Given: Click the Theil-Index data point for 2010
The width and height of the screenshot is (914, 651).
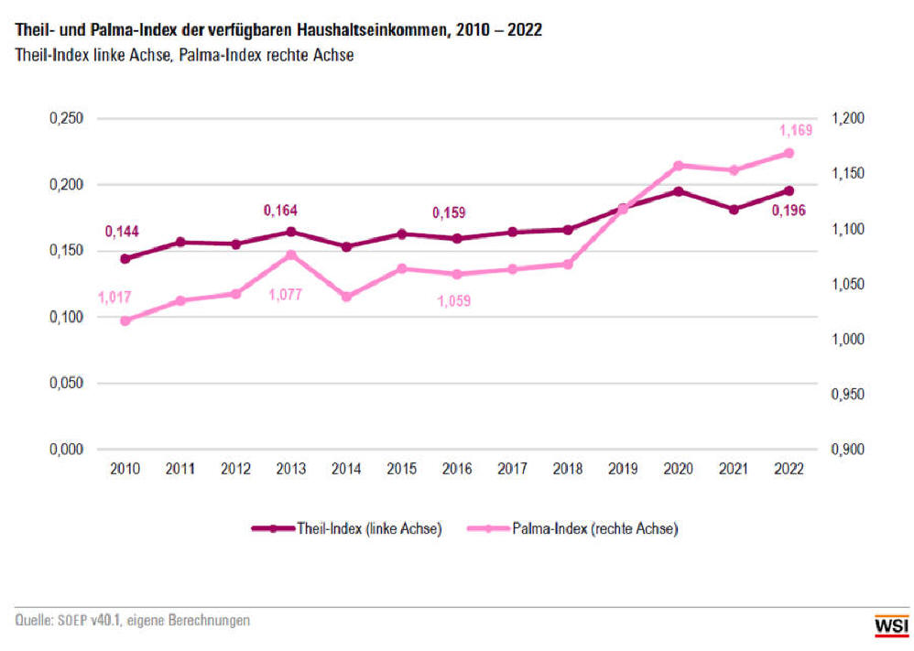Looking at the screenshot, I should pyautogui.click(x=125, y=258).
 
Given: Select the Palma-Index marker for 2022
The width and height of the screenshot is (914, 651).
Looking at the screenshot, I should pyautogui.click(x=789, y=153).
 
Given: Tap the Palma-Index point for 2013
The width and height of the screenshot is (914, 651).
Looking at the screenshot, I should pyautogui.click(x=291, y=255).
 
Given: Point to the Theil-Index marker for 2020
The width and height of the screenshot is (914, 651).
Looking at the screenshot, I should pyautogui.click(x=678, y=191).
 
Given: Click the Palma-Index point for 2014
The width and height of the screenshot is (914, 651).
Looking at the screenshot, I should pyautogui.click(x=346, y=297).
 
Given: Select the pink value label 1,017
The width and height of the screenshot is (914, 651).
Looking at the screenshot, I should pyautogui.click(x=114, y=297).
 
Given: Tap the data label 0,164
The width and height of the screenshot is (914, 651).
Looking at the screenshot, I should pyautogui.click(x=280, y=211).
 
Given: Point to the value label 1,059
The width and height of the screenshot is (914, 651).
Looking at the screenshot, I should pyautogui.click(x=452, y=300).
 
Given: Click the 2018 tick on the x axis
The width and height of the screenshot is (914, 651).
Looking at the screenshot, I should pyautogui.click(x=567, y=469).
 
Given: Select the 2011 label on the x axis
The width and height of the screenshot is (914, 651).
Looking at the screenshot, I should pyautogui.click(x=180, y=469).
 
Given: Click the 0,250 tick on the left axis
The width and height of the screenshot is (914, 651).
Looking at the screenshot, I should pyautogui.click(x=65, y=119).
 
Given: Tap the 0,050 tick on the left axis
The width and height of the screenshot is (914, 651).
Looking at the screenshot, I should pyautogui.click(x=65, y=384).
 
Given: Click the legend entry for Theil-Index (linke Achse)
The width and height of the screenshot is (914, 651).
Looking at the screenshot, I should pyautogui.click(x=347, y=528).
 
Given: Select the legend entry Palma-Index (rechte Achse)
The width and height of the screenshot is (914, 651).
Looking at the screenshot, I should pyautogui.click(x=571, y=528).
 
